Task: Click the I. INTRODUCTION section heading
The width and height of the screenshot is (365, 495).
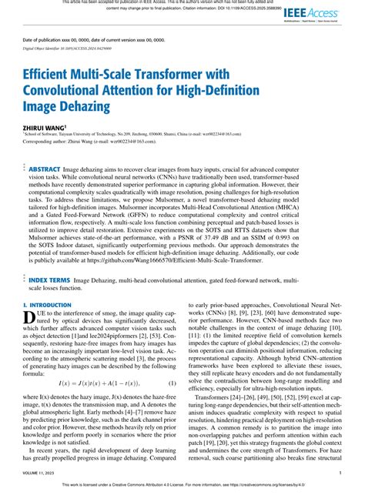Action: (x=49, y=285)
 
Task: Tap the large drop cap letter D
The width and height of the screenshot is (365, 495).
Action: (x=30, y=298)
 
